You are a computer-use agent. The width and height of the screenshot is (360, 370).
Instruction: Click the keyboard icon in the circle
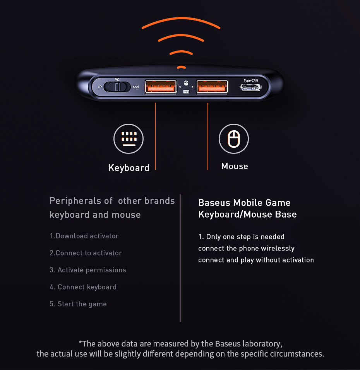pyautogui.click(x=129, y=139)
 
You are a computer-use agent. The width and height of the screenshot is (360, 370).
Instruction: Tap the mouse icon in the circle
pyautogui.click(x=234, y=139)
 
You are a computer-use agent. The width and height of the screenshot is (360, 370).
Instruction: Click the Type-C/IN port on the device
pyautogui.click(x=251, y=87)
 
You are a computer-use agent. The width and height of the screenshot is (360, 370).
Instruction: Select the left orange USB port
pyautogui.click(x=161, y=87)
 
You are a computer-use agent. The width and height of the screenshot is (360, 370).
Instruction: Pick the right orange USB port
pyautogui.click(x=212, y=87)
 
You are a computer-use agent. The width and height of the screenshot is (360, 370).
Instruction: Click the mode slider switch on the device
pyautogui.click(x=117, y=87)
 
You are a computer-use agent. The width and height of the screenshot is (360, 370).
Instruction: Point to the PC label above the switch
pyautogui.click(x=117, y=80)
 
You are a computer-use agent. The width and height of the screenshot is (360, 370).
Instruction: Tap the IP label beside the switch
pyautogui.click(x=100, y=87)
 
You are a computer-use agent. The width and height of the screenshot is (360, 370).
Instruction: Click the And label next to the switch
pyautogui.click(x=135, y=87)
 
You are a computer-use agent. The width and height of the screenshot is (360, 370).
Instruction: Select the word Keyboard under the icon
pyautogui.click(x=129, y=168)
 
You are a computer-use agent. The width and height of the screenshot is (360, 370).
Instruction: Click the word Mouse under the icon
pyautogui.click(x=235, y=166)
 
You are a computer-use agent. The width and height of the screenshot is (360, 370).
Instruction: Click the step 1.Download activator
pyautogui.click(x=84, y=236)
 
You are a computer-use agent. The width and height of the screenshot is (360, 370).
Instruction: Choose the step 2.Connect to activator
pyautogui.click(x=86, y=253)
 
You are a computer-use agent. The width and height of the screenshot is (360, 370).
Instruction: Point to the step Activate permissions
pyautogui.click(x=92, y=270)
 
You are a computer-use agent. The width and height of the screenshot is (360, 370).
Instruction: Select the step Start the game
pyautogui.click(x=82, y=304)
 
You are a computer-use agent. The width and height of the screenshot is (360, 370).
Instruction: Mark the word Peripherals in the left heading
pyautogui.click(x=75, y=201)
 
